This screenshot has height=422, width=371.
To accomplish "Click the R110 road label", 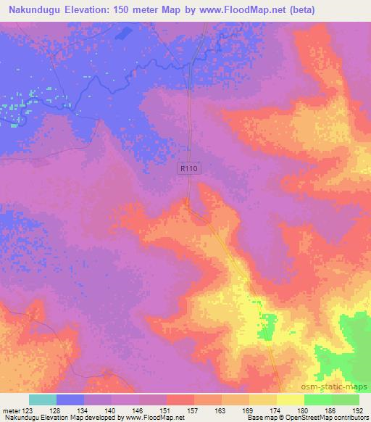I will [189, 167].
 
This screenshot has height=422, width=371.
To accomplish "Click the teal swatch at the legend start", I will [43, 400].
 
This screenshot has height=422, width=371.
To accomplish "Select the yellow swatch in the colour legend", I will [291, 400].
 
